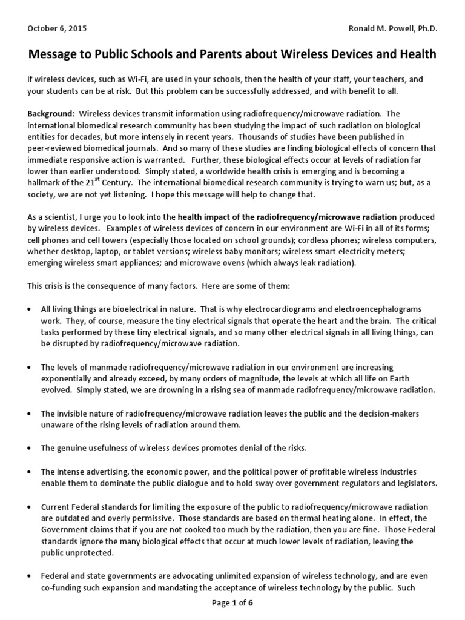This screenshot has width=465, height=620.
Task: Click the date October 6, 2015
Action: (x=57, y=28)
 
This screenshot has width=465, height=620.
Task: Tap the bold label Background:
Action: (x=51, y=114)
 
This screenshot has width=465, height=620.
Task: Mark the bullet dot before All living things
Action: (x=30, y=309)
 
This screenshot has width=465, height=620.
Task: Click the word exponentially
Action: (x=65, y=378)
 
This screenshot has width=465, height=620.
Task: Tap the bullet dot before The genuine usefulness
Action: (x=30, y=448)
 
